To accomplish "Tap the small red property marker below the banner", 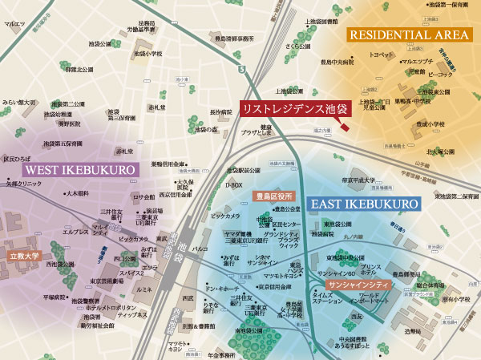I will click(x=343, y=125).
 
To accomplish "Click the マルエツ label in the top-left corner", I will click(x=14, y=25).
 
